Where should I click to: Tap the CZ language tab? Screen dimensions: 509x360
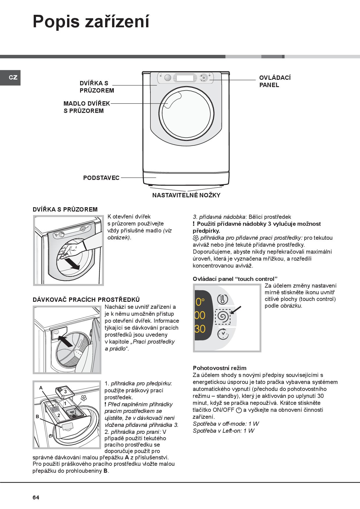[x=13, y=77]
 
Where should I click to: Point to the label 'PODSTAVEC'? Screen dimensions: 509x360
[x=101, y=178]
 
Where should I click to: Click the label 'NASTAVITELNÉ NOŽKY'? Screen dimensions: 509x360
[x=186, y=195]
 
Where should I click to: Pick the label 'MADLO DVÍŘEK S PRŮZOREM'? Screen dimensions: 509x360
[x=87, y=107]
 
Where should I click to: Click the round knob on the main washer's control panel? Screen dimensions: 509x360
[x=168, y=78]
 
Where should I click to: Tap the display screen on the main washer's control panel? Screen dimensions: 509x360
[x=185, y=78]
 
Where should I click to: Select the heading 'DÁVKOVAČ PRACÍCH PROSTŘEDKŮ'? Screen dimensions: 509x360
[x=86, y=300]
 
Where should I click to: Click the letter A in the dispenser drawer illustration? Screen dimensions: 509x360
[x=41, y=388]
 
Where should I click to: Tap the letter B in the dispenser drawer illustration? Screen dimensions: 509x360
[x=37, y=416]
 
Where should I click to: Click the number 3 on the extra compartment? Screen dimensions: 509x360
[x=66, y=391]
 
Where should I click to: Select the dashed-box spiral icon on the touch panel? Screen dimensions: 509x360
[x=223, y=317]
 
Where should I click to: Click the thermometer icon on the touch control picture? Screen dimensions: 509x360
[x=223, y=299]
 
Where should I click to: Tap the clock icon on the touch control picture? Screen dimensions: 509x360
[x=223, y=334]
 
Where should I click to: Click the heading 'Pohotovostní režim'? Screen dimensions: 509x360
[x=219, y=368]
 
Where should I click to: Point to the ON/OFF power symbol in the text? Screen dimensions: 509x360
[x=239, y=410]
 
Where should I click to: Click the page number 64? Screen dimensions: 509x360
[x=36, y=497]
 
